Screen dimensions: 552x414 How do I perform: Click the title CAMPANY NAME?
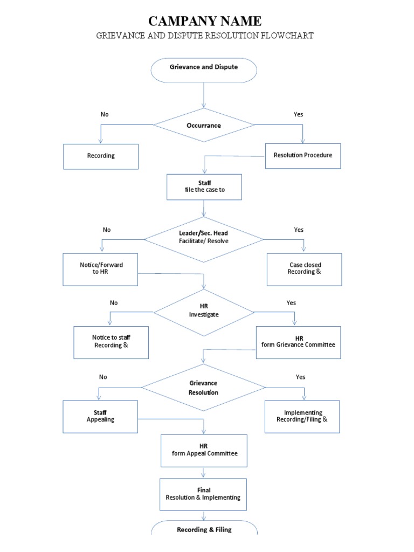tap(205, 21)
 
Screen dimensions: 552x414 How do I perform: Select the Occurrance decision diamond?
tap(204, 126)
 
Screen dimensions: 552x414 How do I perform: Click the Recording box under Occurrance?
tap(101, 156)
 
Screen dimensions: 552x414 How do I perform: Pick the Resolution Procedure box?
tap(303, 155)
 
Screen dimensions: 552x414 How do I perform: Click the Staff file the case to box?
tap(204, 187)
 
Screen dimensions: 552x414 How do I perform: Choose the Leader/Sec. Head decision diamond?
tap(204, 237)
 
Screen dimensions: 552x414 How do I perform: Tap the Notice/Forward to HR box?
tap(101, 269)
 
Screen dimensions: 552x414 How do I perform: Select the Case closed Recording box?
tap(305, 269)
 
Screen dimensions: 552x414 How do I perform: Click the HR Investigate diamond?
tap(204, 311)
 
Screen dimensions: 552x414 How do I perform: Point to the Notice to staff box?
tap(111, 342)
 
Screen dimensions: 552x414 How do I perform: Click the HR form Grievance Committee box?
tap(298, 342)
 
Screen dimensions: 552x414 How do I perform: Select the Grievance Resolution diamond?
tap(203, 388)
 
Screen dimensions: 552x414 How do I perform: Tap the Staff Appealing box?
tap(101, 416)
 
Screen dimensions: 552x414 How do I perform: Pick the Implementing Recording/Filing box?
tap(302, 416)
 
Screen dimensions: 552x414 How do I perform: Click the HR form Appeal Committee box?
tap(204, 450)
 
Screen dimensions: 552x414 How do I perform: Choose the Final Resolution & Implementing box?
tap(204, 494)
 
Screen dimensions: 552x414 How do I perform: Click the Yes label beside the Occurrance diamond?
tap(298, 114)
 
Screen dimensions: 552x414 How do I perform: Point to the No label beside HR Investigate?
tap(114, 303)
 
